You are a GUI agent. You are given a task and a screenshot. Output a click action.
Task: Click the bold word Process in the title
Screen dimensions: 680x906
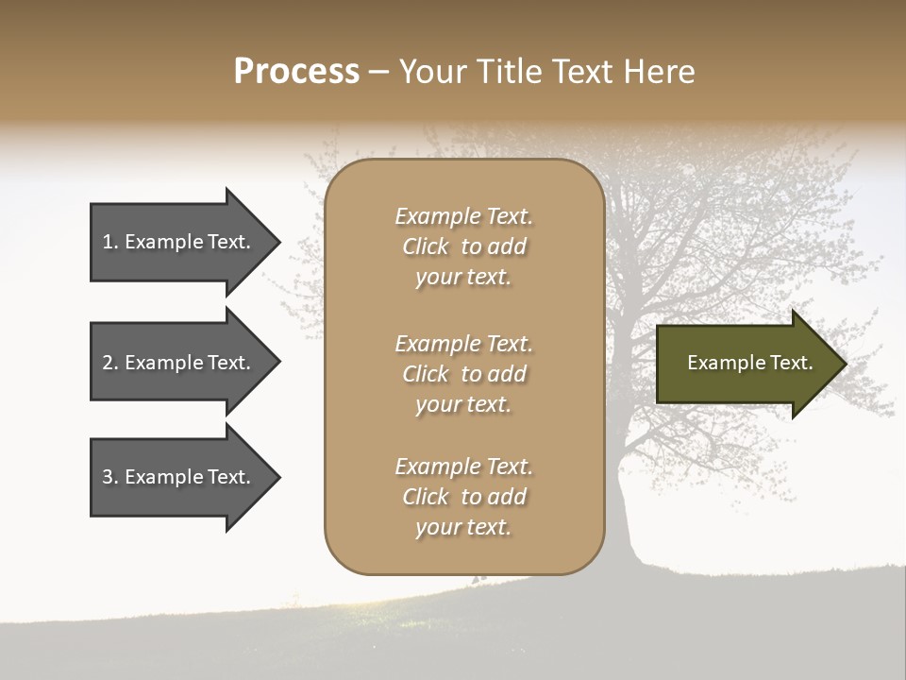tap(296, 71)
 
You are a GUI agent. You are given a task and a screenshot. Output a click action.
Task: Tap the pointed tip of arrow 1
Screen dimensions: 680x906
tap(277, 242)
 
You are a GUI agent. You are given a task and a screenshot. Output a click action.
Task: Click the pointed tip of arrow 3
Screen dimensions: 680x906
tap(277, 477)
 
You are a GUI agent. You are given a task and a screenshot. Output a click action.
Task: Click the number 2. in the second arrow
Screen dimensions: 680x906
tap(109, 363)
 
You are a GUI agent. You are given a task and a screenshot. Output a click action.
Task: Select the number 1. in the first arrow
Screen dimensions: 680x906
tap(109, 242)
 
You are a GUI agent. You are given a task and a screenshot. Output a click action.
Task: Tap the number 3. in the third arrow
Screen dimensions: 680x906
tap(109, 477)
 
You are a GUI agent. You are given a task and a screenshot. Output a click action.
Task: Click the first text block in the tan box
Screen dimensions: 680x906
tap(463, 246)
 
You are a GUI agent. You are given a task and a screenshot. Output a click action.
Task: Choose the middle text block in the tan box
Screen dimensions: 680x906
tap(463, 374)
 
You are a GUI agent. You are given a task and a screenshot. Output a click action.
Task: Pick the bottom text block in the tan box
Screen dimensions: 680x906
tap(463, 497)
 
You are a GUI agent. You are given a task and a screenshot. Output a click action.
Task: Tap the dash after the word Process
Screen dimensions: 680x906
tap(379, 73)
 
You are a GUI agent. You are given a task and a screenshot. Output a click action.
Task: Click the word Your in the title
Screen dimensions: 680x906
tap(429, 71)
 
